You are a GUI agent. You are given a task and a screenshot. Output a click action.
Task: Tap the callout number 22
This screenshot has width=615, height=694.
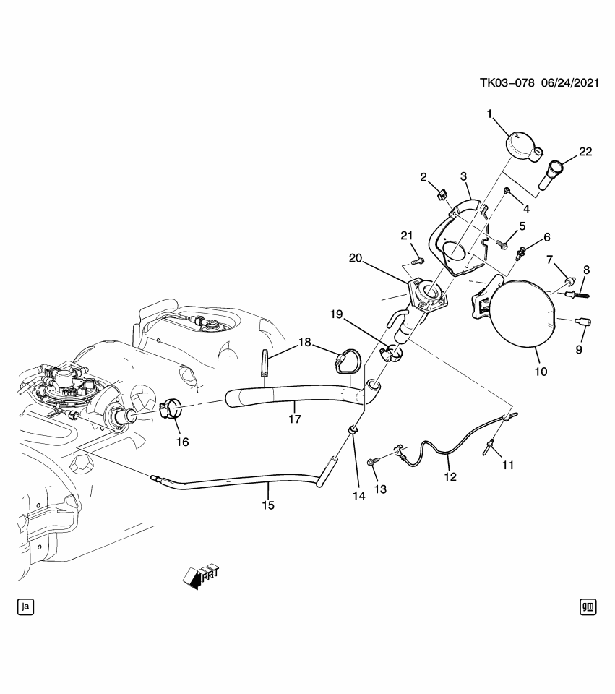tap(585, 152)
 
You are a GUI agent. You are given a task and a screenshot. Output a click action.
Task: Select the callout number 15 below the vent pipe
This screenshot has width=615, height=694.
tap(268, 505)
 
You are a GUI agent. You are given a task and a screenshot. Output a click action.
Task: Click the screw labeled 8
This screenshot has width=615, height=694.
tap(578, 294)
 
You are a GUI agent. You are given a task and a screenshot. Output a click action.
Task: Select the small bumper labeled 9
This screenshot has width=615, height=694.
tap(583, 321)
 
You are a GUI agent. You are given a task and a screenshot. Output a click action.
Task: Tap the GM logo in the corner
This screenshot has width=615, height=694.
tap(588, 607)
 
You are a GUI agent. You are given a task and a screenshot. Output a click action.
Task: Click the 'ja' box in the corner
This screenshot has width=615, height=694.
tap(25, 607)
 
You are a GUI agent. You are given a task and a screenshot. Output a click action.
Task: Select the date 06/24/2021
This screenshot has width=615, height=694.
tap(568, 83)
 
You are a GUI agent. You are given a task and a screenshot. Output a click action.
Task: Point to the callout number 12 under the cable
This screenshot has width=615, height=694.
tap(450, 477)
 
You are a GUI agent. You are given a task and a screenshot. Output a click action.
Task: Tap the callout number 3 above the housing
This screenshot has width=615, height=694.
tap(464, 176)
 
